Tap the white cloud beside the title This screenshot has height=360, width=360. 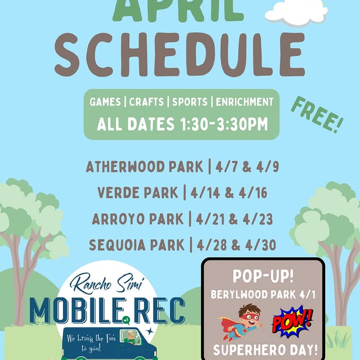296,11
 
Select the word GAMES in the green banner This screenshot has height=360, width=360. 105,102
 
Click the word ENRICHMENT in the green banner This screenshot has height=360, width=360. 244,102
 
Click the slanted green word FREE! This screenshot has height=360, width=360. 317,114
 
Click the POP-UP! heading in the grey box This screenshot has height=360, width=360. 262,277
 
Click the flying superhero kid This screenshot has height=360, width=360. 238,322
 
